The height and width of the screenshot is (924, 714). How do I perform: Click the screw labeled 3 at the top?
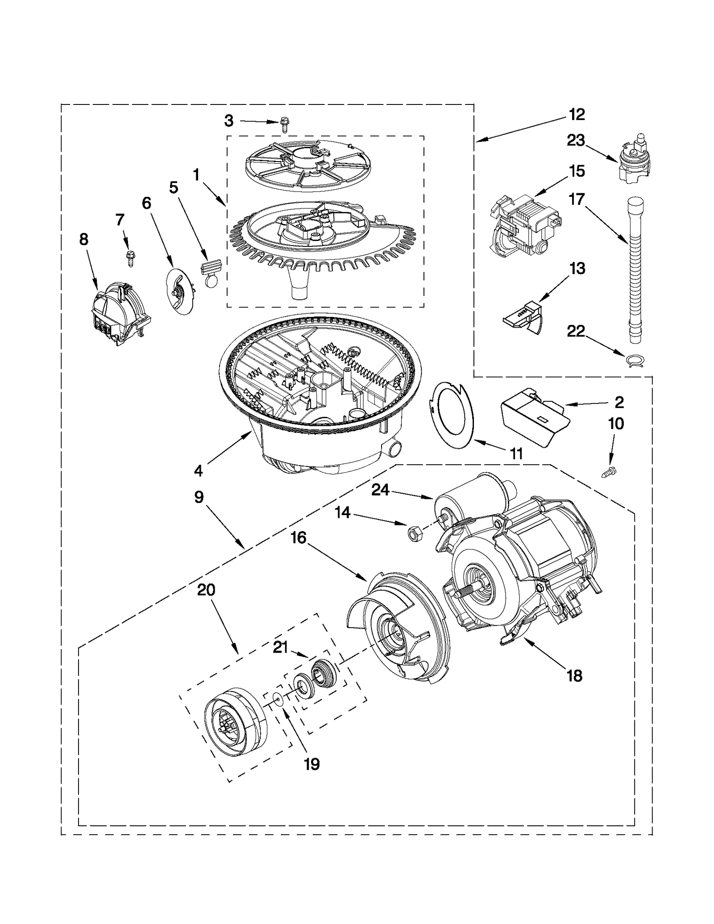(284, 124)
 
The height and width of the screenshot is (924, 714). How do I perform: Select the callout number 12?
(577, 115)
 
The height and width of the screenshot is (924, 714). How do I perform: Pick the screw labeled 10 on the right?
(609, 471)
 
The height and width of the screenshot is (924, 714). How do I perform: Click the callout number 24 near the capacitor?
(380, 490)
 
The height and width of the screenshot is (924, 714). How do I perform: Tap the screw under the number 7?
(131, 258)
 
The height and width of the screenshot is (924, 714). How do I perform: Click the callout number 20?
(206, 590)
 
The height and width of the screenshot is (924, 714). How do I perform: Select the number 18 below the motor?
(574, 676)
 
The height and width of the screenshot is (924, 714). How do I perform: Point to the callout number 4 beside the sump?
(198, 470)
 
